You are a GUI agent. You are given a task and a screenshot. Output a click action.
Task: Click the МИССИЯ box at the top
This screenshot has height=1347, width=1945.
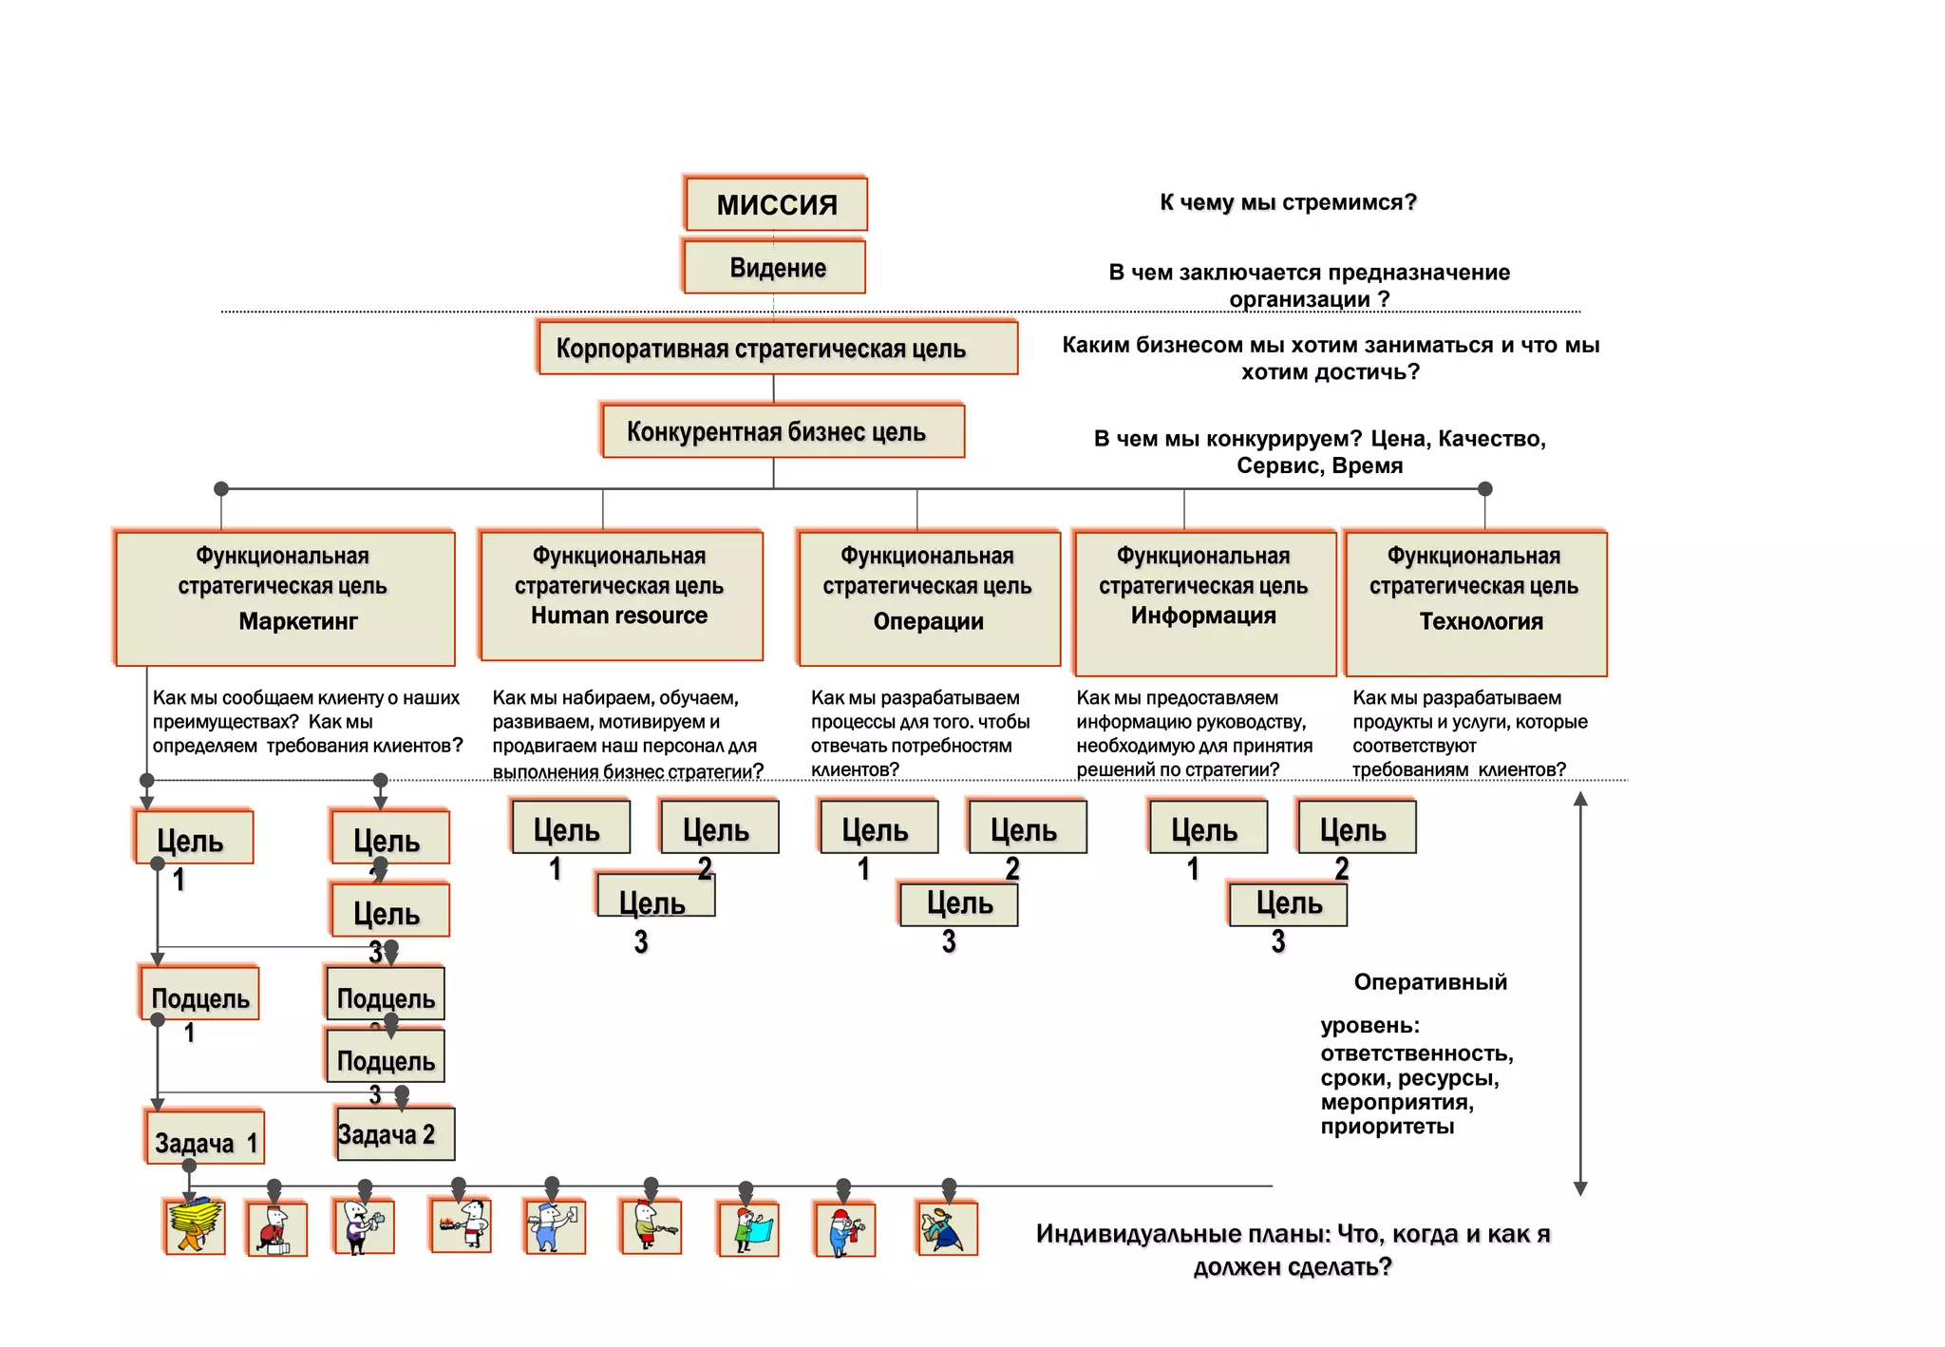(x=776, y=204)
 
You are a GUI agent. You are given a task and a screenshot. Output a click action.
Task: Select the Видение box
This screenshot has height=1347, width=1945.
(x=776, y=267)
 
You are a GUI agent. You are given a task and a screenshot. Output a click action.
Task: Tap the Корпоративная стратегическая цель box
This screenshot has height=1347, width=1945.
(x=777, y=349)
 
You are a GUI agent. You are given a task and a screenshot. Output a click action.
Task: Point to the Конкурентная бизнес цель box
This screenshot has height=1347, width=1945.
(x=783, y=432)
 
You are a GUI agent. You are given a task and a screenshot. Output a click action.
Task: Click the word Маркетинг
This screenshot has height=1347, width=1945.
(x=298, y=621)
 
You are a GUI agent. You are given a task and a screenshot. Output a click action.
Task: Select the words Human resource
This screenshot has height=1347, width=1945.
(x=619, y=616)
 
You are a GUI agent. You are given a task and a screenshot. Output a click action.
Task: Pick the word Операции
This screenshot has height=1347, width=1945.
(x=928, y=621)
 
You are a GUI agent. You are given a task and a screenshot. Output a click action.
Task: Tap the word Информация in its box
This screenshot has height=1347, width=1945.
(x=1203, y=616)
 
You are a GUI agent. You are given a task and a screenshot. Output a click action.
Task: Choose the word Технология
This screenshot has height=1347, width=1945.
(x=1481, y=621)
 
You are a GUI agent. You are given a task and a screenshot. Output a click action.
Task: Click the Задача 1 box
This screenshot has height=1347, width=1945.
(x=205, y=1140)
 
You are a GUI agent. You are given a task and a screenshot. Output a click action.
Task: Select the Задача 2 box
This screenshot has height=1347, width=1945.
(x=394, y=1134)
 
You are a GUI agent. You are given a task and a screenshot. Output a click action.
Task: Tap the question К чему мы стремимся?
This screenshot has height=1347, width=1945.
(x=1288, y=202)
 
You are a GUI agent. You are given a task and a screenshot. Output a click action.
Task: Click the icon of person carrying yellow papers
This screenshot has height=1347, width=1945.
(x=195, y=1227)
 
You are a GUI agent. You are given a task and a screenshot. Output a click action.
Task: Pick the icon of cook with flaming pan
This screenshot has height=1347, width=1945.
(x=462, y=1225)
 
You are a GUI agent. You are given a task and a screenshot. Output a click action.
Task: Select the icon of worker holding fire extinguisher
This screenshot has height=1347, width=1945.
(x=845, y=1230)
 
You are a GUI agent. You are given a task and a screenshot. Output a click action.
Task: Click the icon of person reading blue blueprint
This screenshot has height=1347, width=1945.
(x=749, y=1229)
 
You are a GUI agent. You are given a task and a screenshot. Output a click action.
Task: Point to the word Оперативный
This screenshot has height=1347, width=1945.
(x=1430, y=982)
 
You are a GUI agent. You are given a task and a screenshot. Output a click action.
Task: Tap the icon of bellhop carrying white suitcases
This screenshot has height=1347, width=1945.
(x=276, y=1230)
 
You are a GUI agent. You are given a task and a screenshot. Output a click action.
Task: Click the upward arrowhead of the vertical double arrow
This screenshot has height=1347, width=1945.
(x=1580, y=799)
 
